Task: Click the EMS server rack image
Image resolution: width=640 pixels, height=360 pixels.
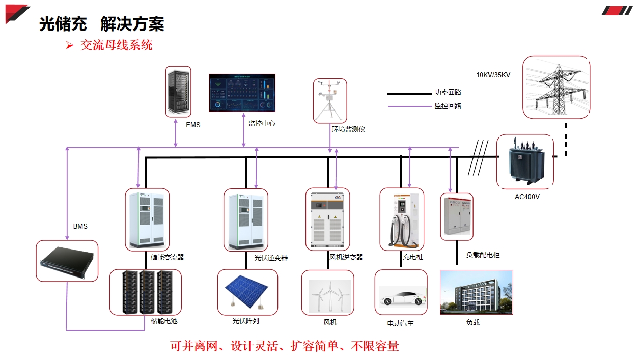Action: click(x=178, y=92)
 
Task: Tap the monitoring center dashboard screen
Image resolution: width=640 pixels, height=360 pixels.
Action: click(x=242, y=93)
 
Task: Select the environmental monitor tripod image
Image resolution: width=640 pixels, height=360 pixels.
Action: click(x=329, y=101)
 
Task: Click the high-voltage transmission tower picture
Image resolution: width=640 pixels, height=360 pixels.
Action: click(x=556, y=87)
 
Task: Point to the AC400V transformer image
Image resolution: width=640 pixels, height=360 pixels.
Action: click(x=524, y=161)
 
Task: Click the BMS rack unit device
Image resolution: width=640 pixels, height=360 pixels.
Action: click(x=67, y=261)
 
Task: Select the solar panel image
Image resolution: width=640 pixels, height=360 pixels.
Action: click(x=247, y=292)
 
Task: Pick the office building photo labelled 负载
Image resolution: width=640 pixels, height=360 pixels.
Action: click(x=476, y=292)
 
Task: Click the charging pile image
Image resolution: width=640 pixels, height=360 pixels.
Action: click(x=402, y=219)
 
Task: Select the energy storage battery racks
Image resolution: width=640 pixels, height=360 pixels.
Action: click(x=146, y=292)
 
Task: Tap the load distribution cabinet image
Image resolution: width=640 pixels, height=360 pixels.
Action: click(x=457, y=216)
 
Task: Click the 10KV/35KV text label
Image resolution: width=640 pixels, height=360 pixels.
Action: click(x=493, y=75)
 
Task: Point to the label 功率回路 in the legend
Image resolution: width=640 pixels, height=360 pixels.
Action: click(x=448, y=93)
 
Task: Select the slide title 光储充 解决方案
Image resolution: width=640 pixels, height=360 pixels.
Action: click(x=102, y=24)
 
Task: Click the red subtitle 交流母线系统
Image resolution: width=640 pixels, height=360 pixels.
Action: click(x=116, y=45)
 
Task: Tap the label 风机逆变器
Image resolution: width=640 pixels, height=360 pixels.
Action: click(x=346, y=257)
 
